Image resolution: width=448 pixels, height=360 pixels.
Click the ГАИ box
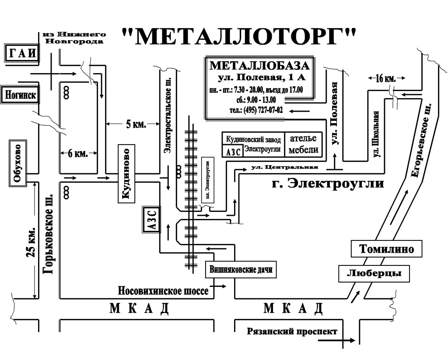tap(22, 53)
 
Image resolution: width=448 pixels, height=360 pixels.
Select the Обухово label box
tap(18, 163)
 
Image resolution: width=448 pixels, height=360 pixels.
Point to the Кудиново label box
tap(126, 174)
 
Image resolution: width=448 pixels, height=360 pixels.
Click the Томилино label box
tap(386, 249)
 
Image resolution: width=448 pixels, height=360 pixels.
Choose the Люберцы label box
tap(374, 273)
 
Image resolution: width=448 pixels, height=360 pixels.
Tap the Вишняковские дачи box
tap(241, 269)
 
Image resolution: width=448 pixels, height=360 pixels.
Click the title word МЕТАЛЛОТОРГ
tap(239, 37)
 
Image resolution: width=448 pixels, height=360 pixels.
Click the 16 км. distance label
tap(385, 78)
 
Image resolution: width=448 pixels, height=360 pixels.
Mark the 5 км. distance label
tap(136, 124)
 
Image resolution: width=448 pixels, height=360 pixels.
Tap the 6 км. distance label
tap(78, 154)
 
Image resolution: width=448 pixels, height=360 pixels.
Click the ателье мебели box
tap(304, 145)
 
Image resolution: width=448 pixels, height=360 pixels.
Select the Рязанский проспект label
tap(292, 332)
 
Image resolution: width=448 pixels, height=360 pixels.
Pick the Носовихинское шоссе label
tap(164, 291)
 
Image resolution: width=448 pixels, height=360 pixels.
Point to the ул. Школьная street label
tap(377, 134)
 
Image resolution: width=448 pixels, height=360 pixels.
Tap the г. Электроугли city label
tap(327, 184)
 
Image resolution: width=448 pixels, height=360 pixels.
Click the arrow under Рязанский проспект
tap(336, 340)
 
